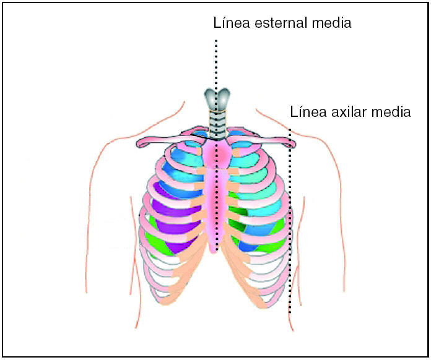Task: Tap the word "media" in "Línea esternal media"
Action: pos(331,24)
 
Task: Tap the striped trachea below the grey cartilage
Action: pos(216,124)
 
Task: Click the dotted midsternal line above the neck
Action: pos(216,62)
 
